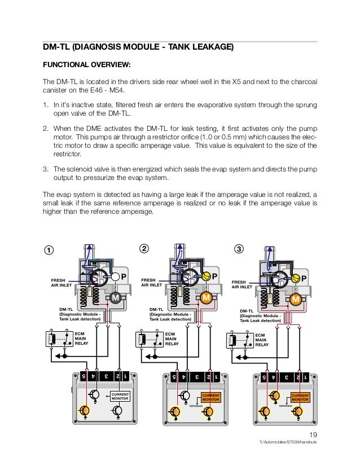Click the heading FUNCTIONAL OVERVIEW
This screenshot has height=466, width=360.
click(87, 65)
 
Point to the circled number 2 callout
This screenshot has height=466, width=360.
click(144, 249)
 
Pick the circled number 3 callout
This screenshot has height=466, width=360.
click(239, 249)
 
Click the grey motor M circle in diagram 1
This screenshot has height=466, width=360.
click(115, 298)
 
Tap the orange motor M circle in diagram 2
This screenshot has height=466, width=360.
click(207, 297)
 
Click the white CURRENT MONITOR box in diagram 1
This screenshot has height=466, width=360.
click(120, 397)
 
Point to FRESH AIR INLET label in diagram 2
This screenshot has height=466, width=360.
click(151, 282)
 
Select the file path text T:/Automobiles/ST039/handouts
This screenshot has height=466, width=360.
click(288, 443)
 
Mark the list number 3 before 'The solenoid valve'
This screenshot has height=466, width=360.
click(45, 169)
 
